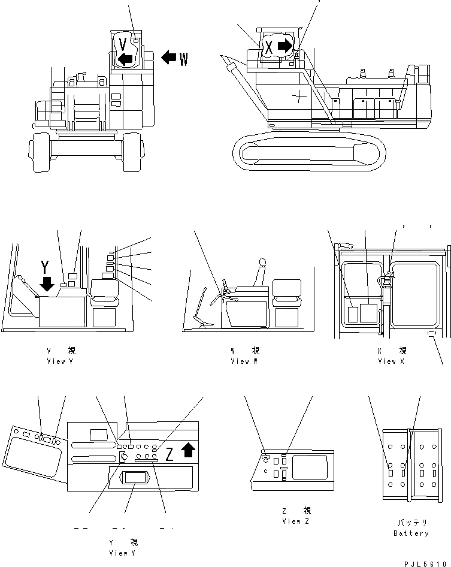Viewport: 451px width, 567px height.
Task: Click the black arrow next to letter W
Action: [169, 58]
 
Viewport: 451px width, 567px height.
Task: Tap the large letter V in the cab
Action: [123, 44]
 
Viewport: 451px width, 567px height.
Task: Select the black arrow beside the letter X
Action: [286, 46]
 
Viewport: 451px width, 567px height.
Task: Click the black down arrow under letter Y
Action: [46, 281]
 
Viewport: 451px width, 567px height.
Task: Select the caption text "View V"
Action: [60, 361]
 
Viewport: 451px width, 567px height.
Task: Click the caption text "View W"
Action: [244, 361]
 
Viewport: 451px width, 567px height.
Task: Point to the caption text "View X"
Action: [392, 361]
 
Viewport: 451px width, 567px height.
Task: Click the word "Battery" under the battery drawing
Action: [411, 533]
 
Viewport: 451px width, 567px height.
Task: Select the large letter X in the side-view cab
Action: [269, 48]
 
